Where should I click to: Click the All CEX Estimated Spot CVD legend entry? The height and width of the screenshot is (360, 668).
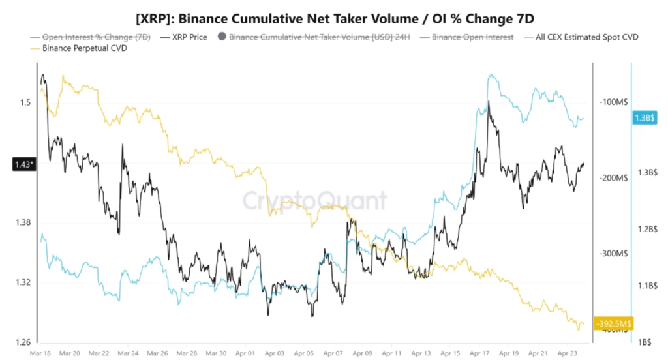(x=585, y=37)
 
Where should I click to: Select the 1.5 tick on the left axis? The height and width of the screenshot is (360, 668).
(x=25, y=102)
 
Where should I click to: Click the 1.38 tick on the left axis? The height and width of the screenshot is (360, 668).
(x=23, y=222)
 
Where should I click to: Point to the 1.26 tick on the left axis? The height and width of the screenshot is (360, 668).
(x=23, y=342)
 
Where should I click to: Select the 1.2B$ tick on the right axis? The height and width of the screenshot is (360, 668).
(x=647, y=229)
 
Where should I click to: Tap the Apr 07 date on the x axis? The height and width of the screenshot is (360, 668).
(x=333, y=353)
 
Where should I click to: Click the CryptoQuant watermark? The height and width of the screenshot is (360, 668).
(x=315, y=200)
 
